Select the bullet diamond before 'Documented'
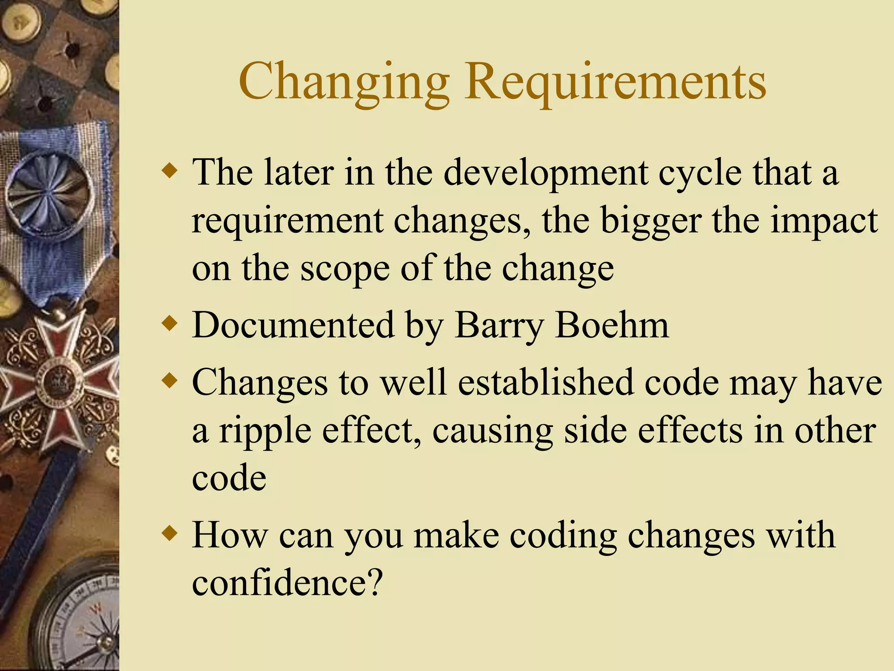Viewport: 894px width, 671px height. pos(169,324)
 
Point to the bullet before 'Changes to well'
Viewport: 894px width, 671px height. pos(169,381)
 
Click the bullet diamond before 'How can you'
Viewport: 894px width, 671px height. pos(169,534)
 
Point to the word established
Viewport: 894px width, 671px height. pos(546,383)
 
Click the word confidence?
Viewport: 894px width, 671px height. pos(287,583)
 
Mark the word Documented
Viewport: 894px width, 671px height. pos(293,325)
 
